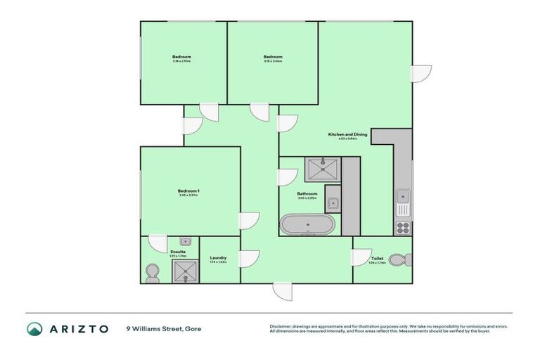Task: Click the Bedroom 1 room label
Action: pos(188,191)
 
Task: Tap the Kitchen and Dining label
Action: pos(342,134)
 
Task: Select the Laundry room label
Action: pos(218,258)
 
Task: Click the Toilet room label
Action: pos(377,258)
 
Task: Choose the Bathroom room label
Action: pos(307,193)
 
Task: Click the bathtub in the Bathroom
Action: pos(309,225)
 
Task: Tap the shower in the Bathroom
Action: pos(323,169)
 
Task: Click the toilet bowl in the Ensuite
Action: pos(152,272)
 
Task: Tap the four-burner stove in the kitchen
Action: pos(404,227)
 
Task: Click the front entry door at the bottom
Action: pos(282,291)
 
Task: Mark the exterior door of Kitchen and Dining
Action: pos(420,74)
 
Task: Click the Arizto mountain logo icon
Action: pos(34,328)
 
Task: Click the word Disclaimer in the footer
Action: pos(282,326)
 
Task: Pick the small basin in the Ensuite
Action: pos(186,241)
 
